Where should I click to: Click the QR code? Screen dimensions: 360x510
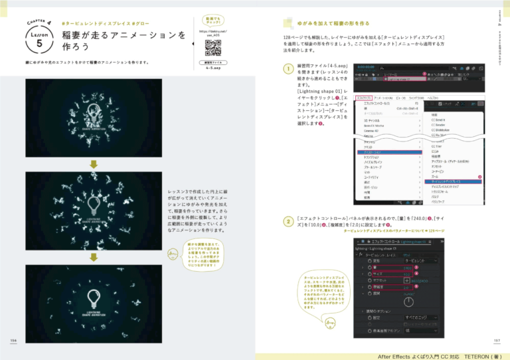(212, 48)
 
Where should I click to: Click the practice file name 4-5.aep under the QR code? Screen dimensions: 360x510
(212, 67)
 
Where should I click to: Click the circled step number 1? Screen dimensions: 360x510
(288, 70)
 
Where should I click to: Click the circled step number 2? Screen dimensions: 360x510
(288, 221)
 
